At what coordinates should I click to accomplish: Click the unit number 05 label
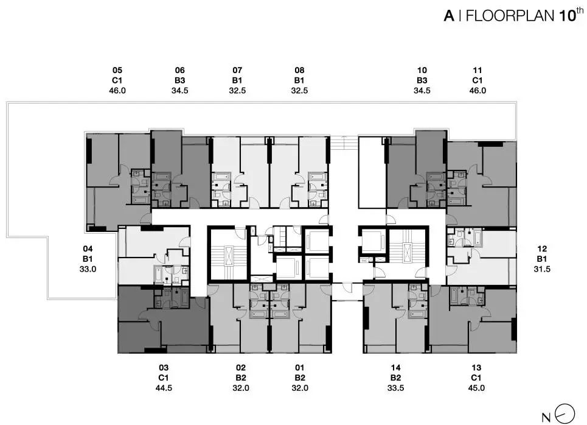point(117,70)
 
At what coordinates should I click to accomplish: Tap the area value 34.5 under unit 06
point(179,90)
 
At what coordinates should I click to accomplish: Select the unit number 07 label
point(237,70)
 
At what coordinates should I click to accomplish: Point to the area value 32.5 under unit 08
point(299,90)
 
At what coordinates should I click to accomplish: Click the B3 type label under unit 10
point(422,80)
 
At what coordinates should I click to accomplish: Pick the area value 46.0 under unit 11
point(478,90)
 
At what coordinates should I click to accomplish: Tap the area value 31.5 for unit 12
point(542,269)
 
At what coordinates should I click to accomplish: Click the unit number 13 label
point(476,368)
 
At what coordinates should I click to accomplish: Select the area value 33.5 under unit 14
point(396,388)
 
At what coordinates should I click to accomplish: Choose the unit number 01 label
point(300,368)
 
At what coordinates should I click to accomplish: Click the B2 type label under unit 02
point(241,378)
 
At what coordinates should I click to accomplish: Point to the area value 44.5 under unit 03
point(164,388)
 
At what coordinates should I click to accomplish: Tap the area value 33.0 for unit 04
point(88,269)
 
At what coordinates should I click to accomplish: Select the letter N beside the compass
point(546,417)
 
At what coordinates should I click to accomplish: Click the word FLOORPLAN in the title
point(510,16)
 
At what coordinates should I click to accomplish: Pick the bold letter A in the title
point(450,16)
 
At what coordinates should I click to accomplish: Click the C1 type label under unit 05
point(117,80)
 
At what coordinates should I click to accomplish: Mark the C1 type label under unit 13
point(476,378)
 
